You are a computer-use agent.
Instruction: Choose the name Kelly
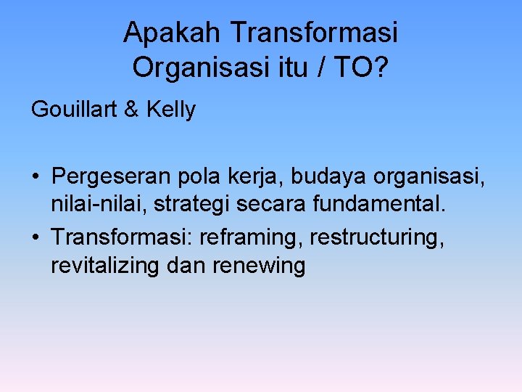coord(171,110)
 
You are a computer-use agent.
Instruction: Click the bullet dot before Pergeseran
coord(36,177)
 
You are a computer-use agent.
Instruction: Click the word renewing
coord(259,266)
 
